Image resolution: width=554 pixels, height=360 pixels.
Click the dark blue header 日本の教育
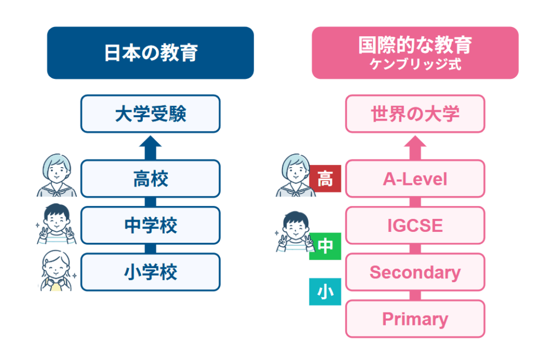tap(150, 52)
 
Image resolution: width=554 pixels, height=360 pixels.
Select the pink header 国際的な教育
tap(415, 52)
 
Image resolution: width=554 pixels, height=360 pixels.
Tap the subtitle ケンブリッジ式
tap(415, 64)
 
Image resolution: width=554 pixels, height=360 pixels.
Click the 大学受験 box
tap(150, 114)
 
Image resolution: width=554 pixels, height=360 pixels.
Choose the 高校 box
tap(150, 178)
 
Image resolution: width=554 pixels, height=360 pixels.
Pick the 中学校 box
tap(150, 225)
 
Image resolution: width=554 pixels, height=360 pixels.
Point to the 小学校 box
tap(150, 272)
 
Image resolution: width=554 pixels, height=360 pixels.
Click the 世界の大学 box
tap(415, 114)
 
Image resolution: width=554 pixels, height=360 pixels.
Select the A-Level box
tap(415, 178)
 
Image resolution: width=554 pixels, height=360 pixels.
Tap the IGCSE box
tap(415, 225)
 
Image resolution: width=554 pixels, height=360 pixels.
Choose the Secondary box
tap(415, 272)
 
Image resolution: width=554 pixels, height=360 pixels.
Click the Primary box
tap(415, 319)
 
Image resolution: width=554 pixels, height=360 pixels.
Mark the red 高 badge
tap(325, 178)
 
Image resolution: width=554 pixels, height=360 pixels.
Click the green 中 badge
tap(325, 246)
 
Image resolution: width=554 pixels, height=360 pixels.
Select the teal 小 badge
tap(325, 291)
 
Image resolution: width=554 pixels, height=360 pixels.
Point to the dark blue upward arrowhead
tap(150, 141)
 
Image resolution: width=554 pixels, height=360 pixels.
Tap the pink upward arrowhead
tap(415, 141)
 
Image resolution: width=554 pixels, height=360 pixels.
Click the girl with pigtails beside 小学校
tap(56, 271)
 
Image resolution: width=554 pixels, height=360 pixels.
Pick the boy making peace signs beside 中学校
tap(56, 224)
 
